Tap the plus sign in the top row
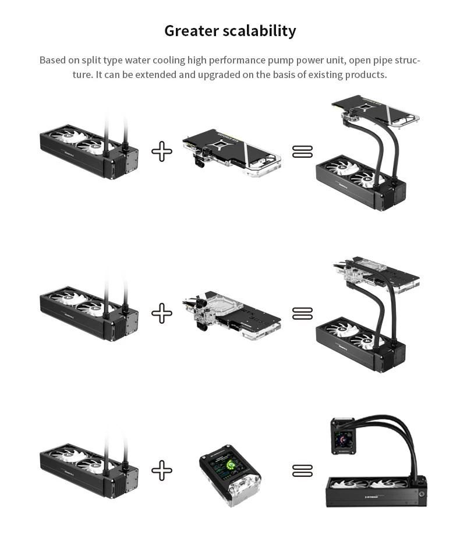tap(162, 152)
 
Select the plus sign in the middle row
tap(162, 313)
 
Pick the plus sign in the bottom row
tap(162, 470)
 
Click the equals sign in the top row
tap(302, 152)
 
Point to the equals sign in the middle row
tap(302, 313)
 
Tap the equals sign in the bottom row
tap(302, 470)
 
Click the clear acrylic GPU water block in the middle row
tap(233, 314)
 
